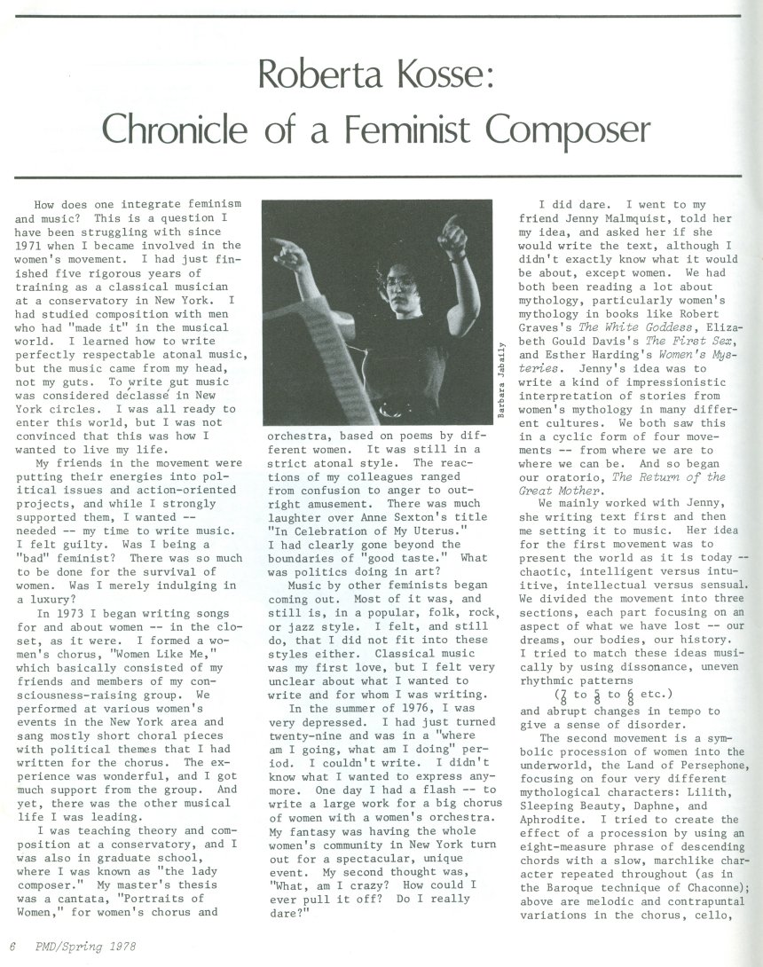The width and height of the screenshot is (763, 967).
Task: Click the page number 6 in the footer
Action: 13,947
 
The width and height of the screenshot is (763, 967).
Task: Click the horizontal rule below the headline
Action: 381,177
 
